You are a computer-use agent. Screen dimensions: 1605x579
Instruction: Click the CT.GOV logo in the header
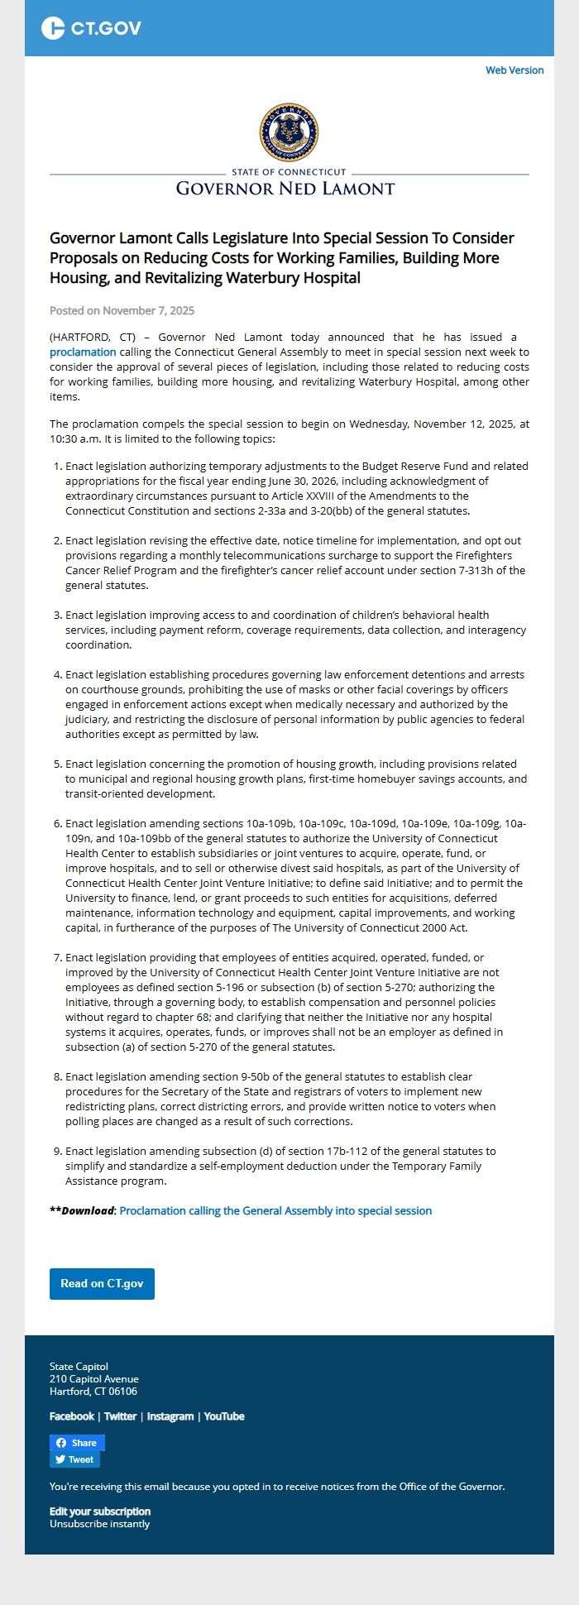[91, 28]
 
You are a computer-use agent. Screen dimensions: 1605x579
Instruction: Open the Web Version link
[514, 70]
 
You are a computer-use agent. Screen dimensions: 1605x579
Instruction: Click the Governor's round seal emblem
[289, 132]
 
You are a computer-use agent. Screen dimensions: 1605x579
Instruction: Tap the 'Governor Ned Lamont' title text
[285, 189]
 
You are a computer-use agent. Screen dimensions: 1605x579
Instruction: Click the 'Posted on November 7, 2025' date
[122, 310]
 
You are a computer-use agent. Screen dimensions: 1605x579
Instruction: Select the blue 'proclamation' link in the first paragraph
[83, 352]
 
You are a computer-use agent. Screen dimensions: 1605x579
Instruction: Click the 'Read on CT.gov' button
[102, 1283]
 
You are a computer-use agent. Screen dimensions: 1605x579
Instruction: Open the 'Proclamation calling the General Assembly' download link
[275, 1210]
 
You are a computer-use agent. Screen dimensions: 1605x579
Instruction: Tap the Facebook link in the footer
[72, 1416]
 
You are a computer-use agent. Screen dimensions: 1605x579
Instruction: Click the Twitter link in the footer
[120, 1416]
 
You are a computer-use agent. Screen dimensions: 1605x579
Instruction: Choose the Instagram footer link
[170, 1416]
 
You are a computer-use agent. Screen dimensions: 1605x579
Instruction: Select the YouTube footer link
[224, 1416]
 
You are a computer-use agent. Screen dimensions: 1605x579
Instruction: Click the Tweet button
[74, 1459]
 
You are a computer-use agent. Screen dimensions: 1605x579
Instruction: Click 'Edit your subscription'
[100, 1511]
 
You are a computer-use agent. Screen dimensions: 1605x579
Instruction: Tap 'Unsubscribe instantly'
[99, 1523]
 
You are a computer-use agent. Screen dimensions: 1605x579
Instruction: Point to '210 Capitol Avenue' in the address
[94, 1378]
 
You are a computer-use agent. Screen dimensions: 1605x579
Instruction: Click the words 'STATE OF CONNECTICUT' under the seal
[289, 172]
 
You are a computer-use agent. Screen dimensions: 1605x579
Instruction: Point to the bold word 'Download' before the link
[87, 1210]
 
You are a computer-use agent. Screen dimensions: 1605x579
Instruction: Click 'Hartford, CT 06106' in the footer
[93, 1391]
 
